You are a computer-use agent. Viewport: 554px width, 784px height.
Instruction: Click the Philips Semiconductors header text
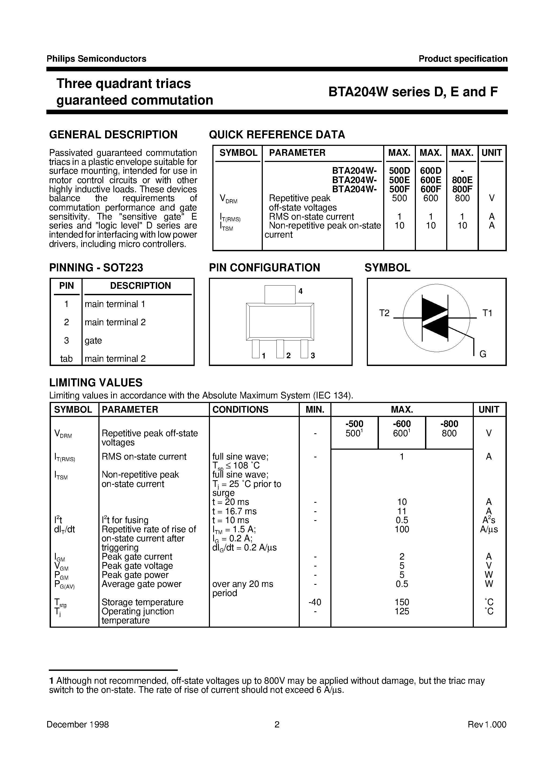pyautogui.click(x=96, y=59)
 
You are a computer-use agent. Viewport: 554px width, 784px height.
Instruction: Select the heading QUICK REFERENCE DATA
pyautogui.click(x=277, y=135)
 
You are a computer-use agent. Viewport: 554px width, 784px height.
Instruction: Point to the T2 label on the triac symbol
pyautogui.click(x=384, y=313)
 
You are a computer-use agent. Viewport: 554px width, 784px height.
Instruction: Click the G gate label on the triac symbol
pyautogui.click(x=483, y=354)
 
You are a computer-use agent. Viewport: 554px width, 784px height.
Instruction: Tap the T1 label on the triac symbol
pyautogui.click(x=487, y=313)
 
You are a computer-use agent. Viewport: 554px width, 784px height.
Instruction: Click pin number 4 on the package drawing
pyautogui.click(x=301, y=291)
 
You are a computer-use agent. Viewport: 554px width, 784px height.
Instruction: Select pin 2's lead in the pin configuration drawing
pyautogui.click(x=280, y=348)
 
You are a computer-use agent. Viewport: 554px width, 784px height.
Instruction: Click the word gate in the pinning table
pyautogui.click(x=93, y=341)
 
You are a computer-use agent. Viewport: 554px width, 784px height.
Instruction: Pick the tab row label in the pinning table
pyautogui.click(x=66, y=358)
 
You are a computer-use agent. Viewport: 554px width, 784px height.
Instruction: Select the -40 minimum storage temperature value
pyautogui.click(x=315, y=602)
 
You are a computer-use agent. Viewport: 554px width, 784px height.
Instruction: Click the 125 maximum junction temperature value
pyautogui.click(x=402, y=611)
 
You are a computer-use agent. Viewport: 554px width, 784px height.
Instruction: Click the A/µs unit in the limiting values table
pyautogui.click(x=489, y=529)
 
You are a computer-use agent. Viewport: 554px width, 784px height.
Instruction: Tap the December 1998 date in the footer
pyautogui.click(x=77, y=724)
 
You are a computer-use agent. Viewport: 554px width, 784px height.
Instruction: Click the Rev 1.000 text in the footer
pyautogui.click(x=487, y=724)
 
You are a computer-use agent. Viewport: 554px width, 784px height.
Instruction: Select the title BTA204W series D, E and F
pyautogui.click(x=413, y=92)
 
